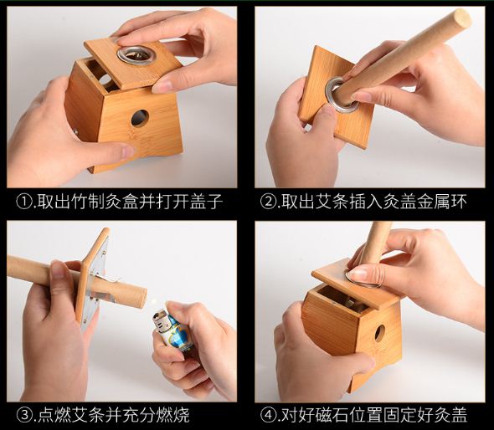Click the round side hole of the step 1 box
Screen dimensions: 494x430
(x=140, y=118)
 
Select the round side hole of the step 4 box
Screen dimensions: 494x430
(x=380, y=333)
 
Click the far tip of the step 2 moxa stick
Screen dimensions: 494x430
(x=462, y=18)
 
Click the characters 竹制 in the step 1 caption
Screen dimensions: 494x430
(x=88, y=202)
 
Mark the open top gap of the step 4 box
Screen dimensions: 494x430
(x=342, y=299)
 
